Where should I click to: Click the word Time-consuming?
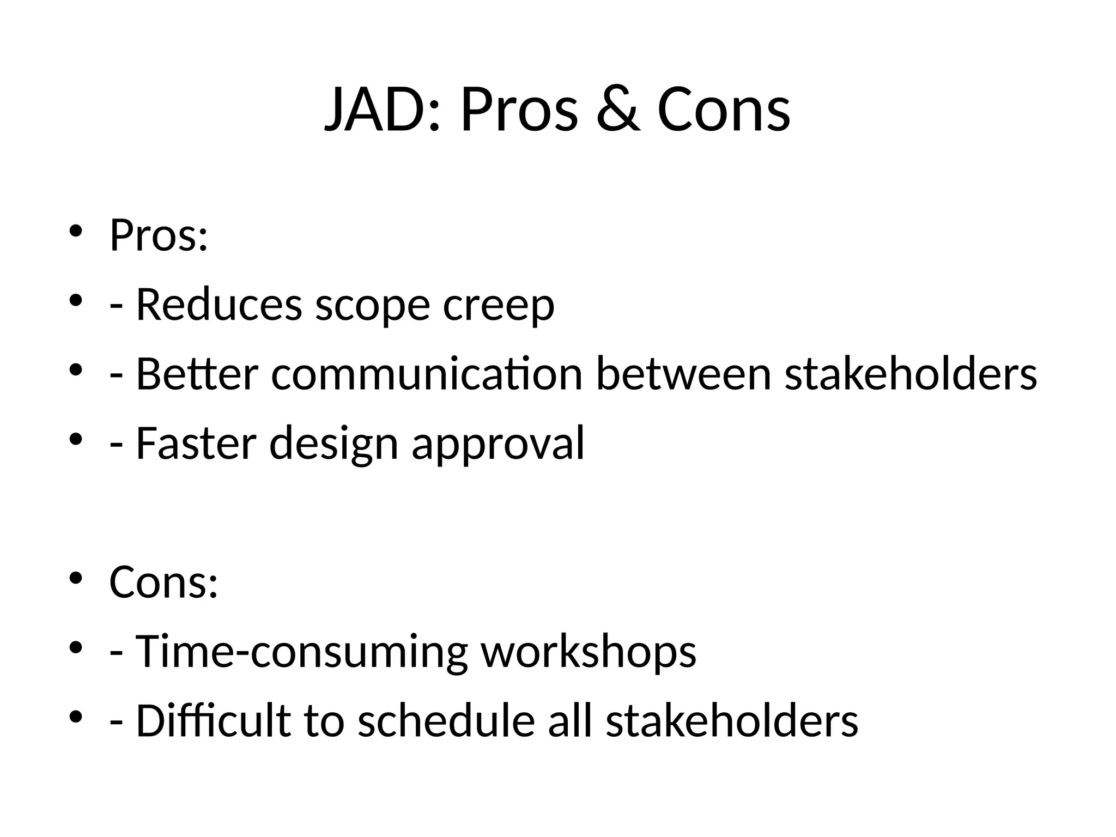pyautogui.click(x=301, y=651)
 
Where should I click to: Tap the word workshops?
pyautogui.click(x=589, y=651)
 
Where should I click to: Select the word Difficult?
pyautogui.click(x=213, y=720)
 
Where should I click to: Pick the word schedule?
pyautogui.click(x=446, y=720)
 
